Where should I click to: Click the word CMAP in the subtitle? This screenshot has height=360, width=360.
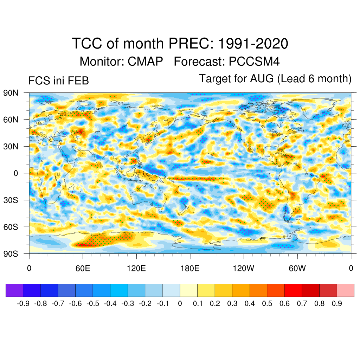(145, 62)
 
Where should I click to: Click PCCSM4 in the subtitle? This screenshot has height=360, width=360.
(254, 62)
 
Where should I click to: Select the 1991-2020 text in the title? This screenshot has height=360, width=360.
(253, 44)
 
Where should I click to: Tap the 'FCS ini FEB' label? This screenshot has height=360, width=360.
(58, 81)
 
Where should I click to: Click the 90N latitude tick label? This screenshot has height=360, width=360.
(11, 93)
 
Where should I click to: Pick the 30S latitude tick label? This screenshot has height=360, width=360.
(11, 200)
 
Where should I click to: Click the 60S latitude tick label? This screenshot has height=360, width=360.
(11, 227)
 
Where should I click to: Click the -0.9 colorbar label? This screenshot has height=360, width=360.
(23, 303)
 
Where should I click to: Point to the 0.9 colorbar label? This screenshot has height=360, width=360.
(337, 303)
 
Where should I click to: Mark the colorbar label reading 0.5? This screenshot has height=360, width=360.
(267, 303)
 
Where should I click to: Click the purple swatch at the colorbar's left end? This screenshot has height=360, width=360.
(14, 290)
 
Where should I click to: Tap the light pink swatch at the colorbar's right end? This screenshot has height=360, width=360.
(345, 290)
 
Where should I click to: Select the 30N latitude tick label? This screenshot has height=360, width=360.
(11, 146)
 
